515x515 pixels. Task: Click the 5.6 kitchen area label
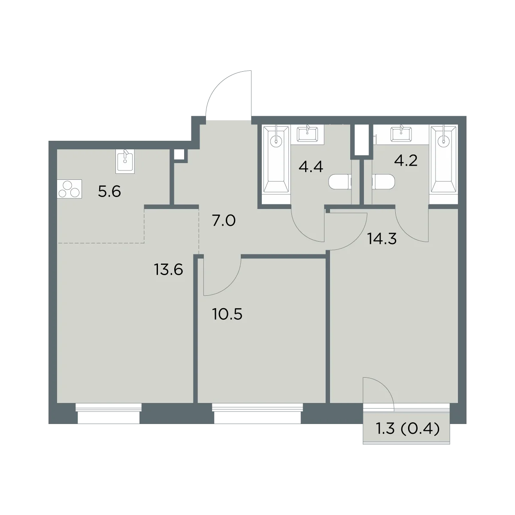(x=109, y=191)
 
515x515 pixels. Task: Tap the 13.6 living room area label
(x=168, y=270)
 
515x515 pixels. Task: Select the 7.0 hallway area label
(x=224, y=221)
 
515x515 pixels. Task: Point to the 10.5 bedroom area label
(x=227, y=314)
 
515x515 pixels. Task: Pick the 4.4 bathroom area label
(x=311, y=167)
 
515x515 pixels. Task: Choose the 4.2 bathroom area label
(x=406, y=161)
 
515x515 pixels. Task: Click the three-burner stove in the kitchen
(x=70, y=189)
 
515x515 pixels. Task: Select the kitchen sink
(x=125, y=161)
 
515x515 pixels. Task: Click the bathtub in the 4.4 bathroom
(x=276, y=159)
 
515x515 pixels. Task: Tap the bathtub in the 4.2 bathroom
(x=444, y=159)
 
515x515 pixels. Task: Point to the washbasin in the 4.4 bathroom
(x=308, y=133)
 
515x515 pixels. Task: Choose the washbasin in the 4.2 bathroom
(x=401, y=133)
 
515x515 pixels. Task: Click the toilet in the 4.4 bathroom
(x=340, y=182)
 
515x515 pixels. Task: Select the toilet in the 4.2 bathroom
(x=383, y=182)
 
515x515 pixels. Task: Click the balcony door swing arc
(x=385, y=385)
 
